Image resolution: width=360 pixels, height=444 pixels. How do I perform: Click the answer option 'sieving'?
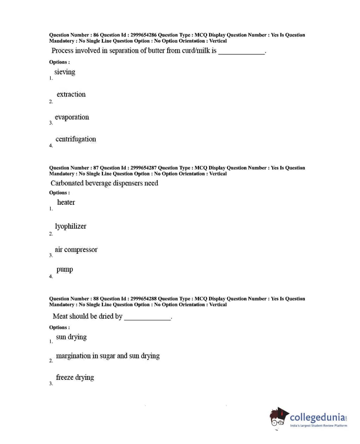pyautogui.click(x=65, y=72)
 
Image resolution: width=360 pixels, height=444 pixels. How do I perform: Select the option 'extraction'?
pyautogui.click(x=71, y=94)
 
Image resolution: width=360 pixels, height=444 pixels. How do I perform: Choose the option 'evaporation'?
pyautogui.click(x=72, y=117)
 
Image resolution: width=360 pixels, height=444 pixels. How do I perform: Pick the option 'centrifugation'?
pyautogui.click(x=76, y=139)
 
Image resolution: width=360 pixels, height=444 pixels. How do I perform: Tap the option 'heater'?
pyautogui.click(x=66, y=202)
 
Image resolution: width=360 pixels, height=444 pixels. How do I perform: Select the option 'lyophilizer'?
pyautogui.click(x=70, y=226)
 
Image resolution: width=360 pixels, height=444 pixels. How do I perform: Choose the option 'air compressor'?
pyautogui.click(x=76, y=249)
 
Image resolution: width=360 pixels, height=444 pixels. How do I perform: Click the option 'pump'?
pyautogui.click(x=65, y=270)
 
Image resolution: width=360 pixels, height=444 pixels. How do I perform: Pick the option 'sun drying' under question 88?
pyautogui.click(x=71, y=337)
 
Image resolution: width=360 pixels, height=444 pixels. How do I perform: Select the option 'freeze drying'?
pyautogui.click(x=75, y=377)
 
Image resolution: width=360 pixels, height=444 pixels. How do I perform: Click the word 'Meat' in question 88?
pyautogui.click(x=60, y=316)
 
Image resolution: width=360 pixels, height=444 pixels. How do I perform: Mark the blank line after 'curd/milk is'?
pyautogui.click(x=241, y=53)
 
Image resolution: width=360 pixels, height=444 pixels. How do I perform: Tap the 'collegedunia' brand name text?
pyautogui.click(x=317, y=418)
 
